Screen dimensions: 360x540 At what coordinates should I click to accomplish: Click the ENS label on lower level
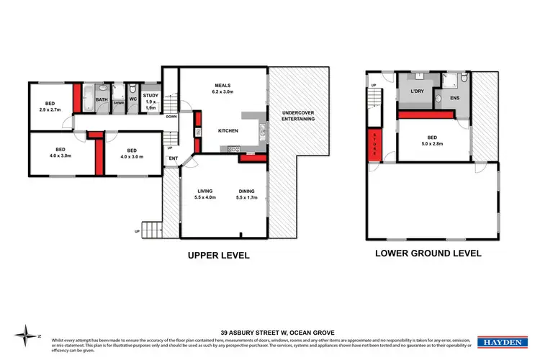[x=455, y=97]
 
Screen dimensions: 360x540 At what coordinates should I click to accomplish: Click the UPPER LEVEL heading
[x=218, y=254]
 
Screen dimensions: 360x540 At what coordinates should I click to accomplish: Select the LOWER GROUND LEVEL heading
[x=428, y=253]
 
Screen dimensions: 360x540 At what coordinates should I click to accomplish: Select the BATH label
[x=102, y=100]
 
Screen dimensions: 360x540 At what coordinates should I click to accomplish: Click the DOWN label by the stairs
[x=171, y=116]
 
